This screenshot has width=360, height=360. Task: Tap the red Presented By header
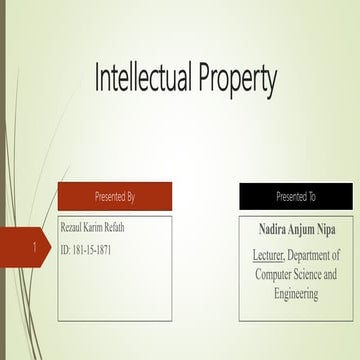click(x=114, y=196)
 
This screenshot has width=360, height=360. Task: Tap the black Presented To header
click(x=296, y=196)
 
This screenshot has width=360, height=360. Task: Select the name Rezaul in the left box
click(x=74, y=228)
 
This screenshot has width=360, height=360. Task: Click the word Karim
click(x=102, y=228)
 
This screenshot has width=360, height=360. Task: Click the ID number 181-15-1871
click(x=95, y=248)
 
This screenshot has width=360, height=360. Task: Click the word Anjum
click(x=301, y=229)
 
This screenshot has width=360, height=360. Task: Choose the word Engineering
click(x=296, y=294)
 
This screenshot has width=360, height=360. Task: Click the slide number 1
click(x=35, y=246)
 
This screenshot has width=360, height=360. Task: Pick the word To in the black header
click(x=313, y=196)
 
